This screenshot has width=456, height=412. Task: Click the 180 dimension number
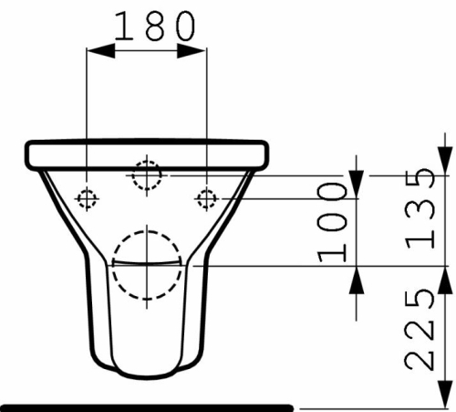(154, 26)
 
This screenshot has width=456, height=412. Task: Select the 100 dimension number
(332, 222)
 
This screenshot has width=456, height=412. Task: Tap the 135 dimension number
(420, 208)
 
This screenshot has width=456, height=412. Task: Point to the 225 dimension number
(420, 330)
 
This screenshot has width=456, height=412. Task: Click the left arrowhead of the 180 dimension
(101, 50)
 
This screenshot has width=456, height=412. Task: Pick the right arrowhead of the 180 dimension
(192, 50)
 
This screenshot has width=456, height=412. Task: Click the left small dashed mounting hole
(87, 199)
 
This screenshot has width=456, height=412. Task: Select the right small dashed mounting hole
(207, 199)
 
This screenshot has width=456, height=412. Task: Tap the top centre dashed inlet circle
(147, 175)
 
